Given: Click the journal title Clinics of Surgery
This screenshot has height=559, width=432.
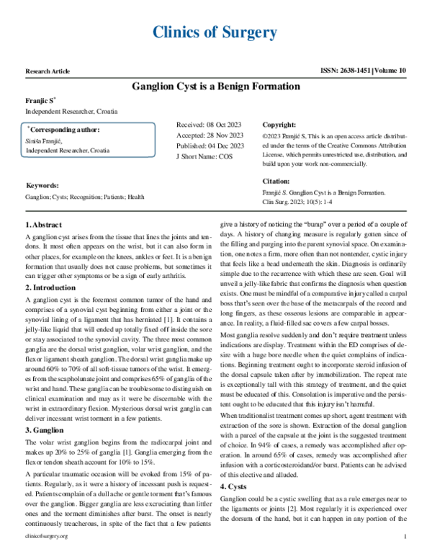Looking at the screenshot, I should coord(215,32).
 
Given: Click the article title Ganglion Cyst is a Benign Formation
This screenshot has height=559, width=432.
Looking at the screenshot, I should coord(215,86).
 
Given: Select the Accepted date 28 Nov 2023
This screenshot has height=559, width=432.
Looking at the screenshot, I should coord(210,135).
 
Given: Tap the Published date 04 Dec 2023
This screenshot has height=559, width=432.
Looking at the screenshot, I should coord(210,145).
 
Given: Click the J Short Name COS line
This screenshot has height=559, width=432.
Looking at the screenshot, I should coord(204,155).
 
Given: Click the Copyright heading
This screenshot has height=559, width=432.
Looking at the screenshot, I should coord(279,125).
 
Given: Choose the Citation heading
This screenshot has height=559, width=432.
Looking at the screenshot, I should coord(276,182).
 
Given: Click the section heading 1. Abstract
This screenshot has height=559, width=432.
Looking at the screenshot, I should coord(44,225).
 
